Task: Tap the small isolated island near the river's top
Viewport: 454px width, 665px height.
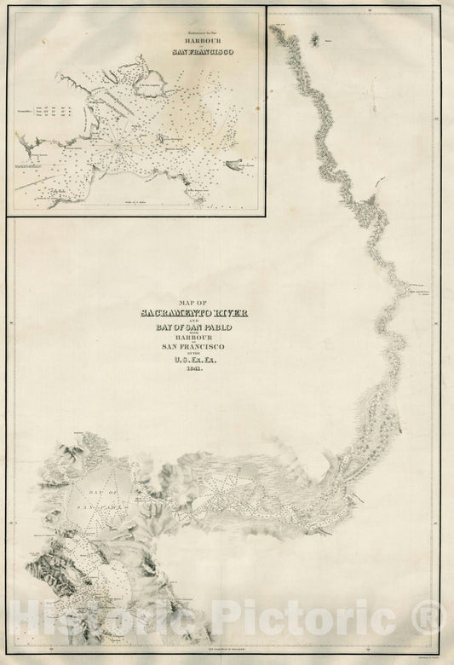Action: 317,38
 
